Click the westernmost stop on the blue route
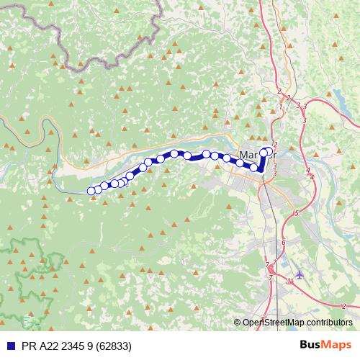click(x=91, y=191)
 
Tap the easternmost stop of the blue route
click(x=270, y=152)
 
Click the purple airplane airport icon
click(x=300, y=275)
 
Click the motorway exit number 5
click(x=296, y=214)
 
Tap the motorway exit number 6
click(x=284, y=242)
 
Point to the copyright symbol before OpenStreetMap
click(x=238, y=323)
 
